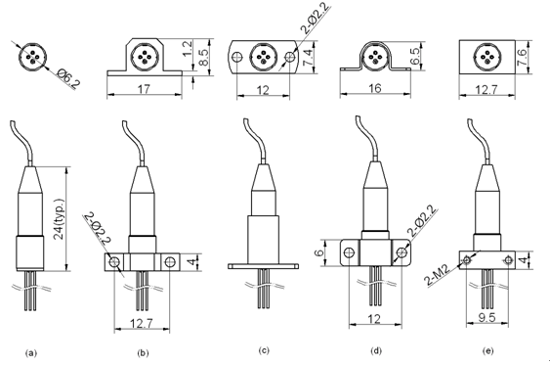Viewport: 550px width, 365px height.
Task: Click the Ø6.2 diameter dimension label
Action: pos(68,78)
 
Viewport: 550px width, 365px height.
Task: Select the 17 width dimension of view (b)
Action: pos(144,89)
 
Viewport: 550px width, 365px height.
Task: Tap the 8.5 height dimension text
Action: pos(203,57)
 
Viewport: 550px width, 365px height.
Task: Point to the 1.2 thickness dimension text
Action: pos(188,49)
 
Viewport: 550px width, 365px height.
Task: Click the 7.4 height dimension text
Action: pos(308,57)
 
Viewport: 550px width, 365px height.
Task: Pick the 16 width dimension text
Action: pos(374,88)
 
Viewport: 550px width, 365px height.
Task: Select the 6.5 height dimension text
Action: pos(415,56)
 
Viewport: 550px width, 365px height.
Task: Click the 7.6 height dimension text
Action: pos(523,57)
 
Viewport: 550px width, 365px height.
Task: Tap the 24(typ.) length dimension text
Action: pos(59,219)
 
